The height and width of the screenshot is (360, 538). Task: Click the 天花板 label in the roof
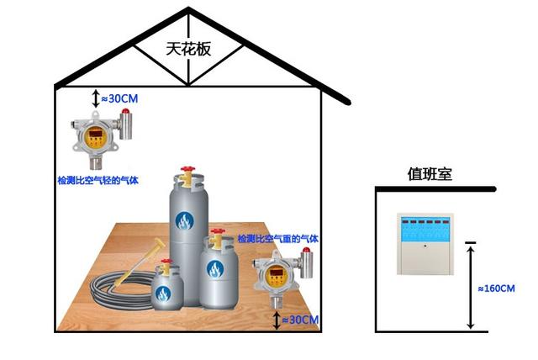tap(187, 49)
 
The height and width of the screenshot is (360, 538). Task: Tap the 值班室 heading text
tap(430, 174)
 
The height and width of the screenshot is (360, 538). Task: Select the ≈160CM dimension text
tap(495, 289)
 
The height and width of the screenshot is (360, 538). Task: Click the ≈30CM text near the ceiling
tap(119, 98)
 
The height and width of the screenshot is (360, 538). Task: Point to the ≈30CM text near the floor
tap(300, 320)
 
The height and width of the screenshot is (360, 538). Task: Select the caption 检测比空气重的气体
tap(278, 240)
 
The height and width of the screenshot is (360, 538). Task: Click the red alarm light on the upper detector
tap(125, 111)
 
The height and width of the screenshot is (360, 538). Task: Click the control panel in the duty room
tap(425, 245)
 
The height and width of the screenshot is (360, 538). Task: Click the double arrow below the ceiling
tap(94, 98)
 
